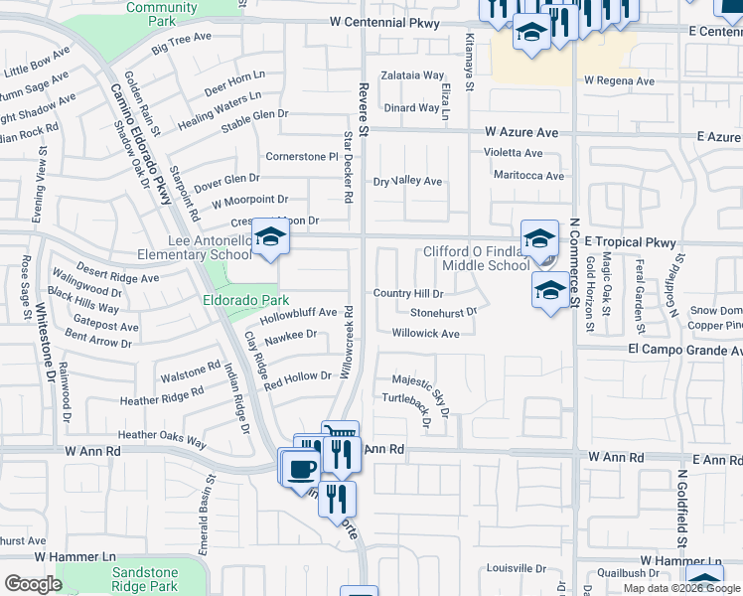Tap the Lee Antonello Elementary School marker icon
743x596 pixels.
coord(267,237)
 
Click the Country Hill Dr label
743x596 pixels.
coord(407,294)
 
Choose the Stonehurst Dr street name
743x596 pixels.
coord(444,312)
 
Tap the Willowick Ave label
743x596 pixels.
coord(425,334)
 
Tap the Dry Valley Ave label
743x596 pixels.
coord(407,182)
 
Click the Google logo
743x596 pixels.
coord(33,584)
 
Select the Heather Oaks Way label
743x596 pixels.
coord(162,435)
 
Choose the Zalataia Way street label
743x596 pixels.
coord(411,75)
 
